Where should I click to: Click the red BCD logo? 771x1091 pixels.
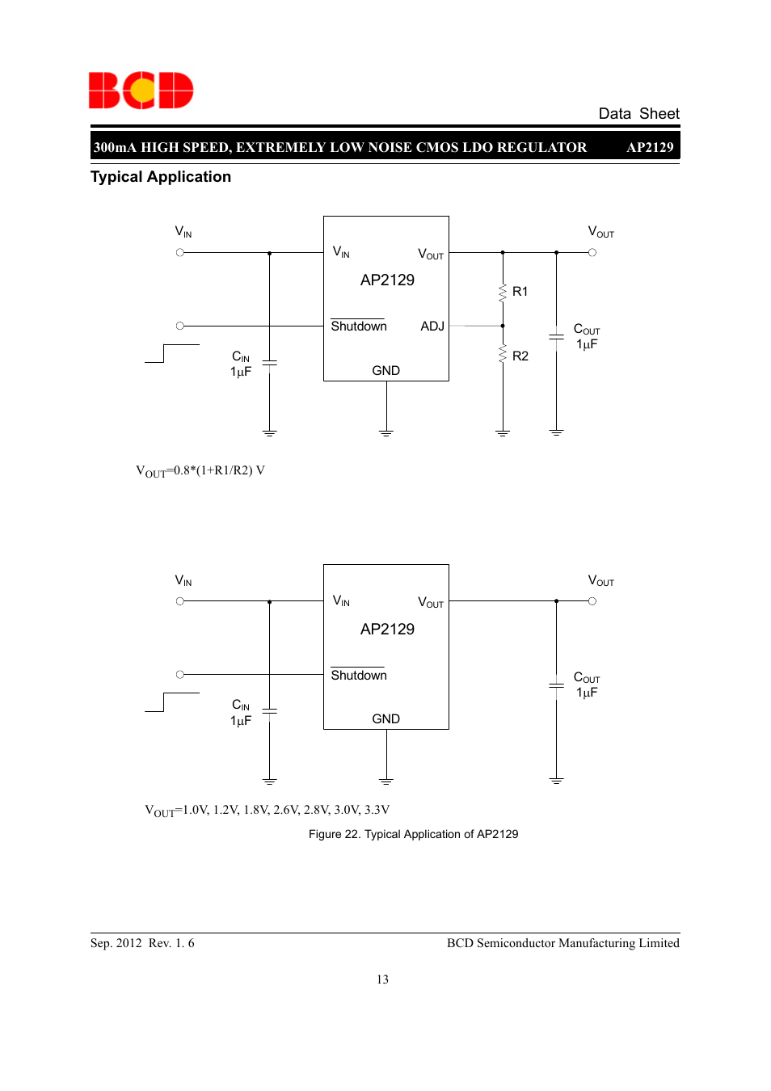point(141,91)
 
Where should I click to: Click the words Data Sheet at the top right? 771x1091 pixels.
point(638,114)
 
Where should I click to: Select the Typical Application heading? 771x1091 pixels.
point(161,177)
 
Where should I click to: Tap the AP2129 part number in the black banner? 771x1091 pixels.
point(650,147)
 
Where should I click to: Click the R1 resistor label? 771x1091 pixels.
point(520,292)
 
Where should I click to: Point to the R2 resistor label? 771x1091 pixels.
point(520,356)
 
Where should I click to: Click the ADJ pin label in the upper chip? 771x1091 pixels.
point(432,326)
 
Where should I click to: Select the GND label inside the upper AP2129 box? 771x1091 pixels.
point(385,371)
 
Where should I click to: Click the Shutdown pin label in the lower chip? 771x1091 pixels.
point(359,676)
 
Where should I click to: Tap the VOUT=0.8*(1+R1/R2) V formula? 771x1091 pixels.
point(200,471)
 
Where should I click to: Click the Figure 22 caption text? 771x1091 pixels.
point(413,834)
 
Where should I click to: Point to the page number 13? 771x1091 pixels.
point(382,979)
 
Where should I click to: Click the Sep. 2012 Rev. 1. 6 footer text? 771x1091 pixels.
point(142,943)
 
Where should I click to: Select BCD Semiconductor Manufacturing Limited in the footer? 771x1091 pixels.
point(562,943)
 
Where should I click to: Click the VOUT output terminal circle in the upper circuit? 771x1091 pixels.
point(592,253)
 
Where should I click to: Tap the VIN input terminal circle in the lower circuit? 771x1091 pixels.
point(180,601)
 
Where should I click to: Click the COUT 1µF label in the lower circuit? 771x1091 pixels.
point(586,685)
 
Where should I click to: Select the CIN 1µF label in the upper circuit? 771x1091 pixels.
point(241,364)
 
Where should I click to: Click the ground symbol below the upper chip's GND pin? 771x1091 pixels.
point(386,433)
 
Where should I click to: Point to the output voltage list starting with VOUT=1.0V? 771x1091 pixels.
point(267,811)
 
